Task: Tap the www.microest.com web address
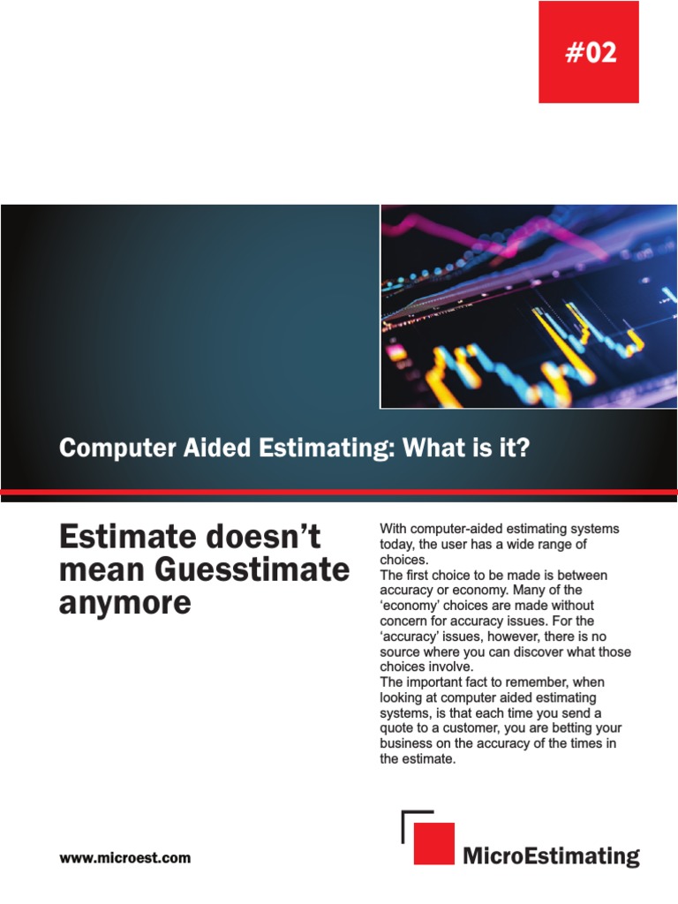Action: (124, 857)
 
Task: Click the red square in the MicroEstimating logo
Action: (433, 843)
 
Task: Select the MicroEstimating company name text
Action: (551, 855)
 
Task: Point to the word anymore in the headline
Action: (124, 604)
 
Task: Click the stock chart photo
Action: (528, 306)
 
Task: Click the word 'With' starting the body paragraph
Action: (394, 529)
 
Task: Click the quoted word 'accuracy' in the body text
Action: (410, 637)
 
